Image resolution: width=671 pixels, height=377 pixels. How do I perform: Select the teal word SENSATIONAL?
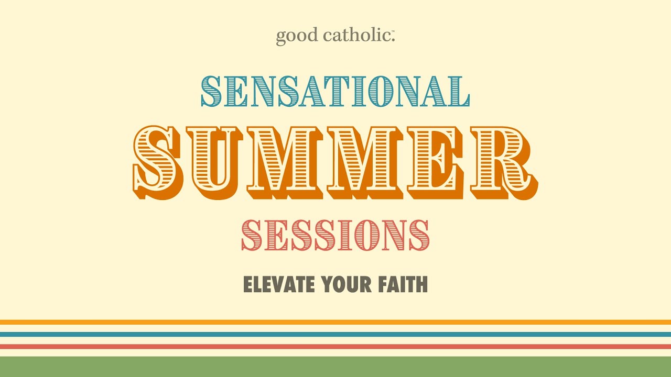click(335, 92)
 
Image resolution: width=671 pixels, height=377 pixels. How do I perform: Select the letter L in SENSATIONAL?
click(457, 92)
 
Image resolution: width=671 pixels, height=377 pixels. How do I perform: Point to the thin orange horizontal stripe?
click(335, 322)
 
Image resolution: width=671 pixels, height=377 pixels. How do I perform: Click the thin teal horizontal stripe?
click(335, 334)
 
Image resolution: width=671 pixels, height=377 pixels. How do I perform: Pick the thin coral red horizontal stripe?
click(335, 346)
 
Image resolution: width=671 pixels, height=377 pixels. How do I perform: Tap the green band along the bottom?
click(335, 367)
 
